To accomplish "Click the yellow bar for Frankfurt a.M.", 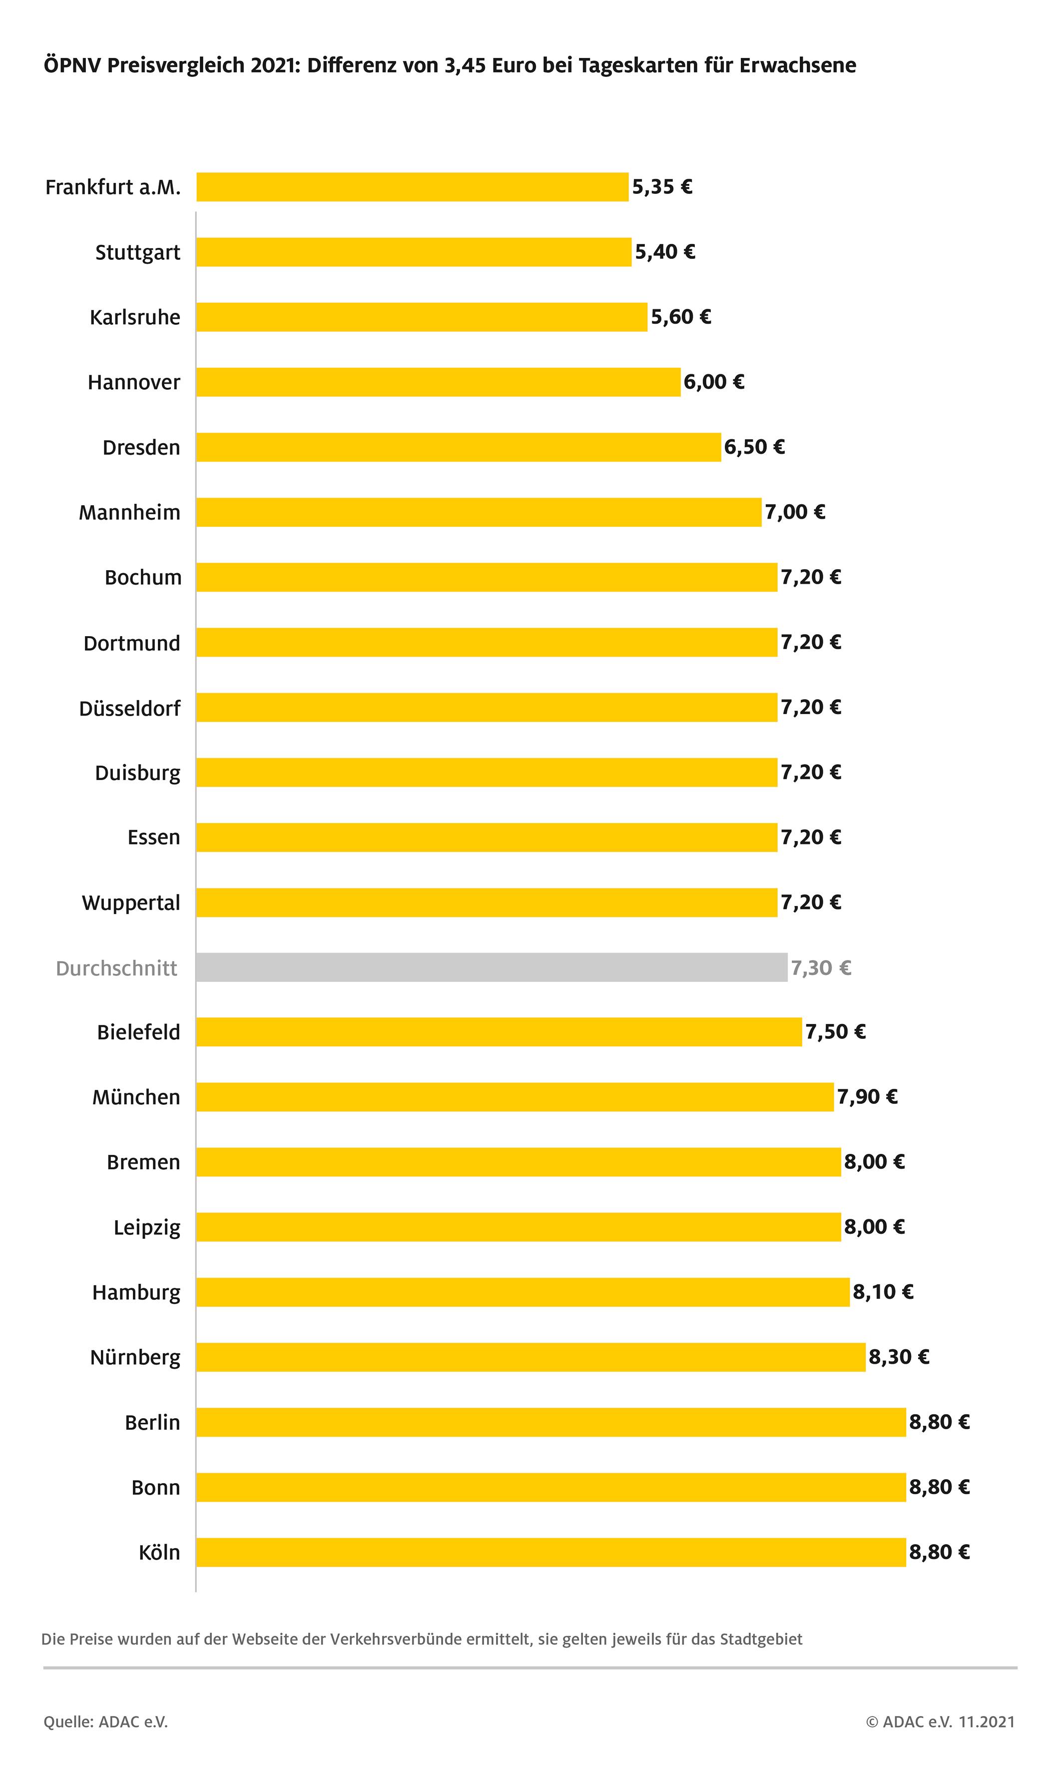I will point(412,187).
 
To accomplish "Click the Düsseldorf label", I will point(129,708).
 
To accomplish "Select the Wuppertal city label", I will point(131,902).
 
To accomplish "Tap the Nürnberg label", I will point(135,1357).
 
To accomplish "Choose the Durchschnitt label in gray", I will point(117,968).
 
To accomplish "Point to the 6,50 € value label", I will point(754,447).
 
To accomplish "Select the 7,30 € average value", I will point(821,968).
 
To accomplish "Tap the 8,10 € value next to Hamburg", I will point(882,1291).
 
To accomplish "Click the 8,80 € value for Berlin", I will point(939,1422).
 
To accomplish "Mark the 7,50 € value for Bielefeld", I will point(835,1031).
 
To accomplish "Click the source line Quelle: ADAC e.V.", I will point(106,1722).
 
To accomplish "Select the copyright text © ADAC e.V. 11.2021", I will point(940,1722).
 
